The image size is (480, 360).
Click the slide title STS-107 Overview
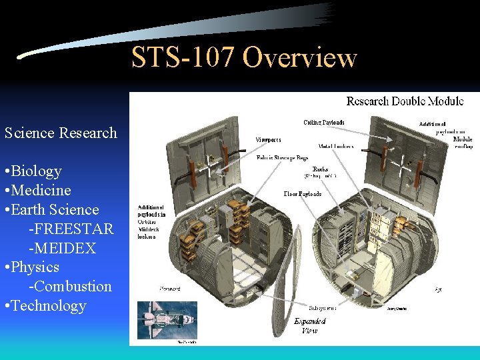tap(244, 58)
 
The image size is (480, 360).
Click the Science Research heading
tap(61, 133)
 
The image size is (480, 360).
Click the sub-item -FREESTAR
tap(71, 229)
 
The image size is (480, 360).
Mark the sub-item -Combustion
tap(70, 287)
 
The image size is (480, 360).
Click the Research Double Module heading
tap(405, 101)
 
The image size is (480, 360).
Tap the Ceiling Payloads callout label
tap(324, 122)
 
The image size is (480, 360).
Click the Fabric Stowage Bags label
tap(282, 158)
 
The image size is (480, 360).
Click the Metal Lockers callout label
tap(335, 146)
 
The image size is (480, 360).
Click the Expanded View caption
tap(309, 325)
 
